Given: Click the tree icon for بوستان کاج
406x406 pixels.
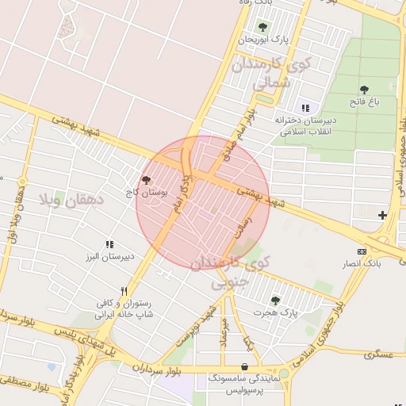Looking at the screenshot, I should [x=146, y=181].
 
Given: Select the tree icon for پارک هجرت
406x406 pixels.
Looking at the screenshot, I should [x=275, y=301].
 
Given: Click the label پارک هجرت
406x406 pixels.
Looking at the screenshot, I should [x=275, y=313].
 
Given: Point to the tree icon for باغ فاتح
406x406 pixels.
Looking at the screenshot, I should [x=364, y=90].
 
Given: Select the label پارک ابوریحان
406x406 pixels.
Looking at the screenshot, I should [x=263, y=39].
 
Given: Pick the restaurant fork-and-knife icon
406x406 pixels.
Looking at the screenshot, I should [x=124, y=291].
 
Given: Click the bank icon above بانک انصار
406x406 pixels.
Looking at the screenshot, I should [x=362, y=251].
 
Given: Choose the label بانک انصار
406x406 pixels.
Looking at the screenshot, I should [x=367, y=263].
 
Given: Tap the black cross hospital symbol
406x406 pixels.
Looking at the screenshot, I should [x=383, y=215].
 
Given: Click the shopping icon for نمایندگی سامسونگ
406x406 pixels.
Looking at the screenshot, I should [x=243, y=366].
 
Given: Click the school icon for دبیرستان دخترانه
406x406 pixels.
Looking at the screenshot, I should [x=305, y=108].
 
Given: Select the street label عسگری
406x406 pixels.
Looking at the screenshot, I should [x=379, y=354].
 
